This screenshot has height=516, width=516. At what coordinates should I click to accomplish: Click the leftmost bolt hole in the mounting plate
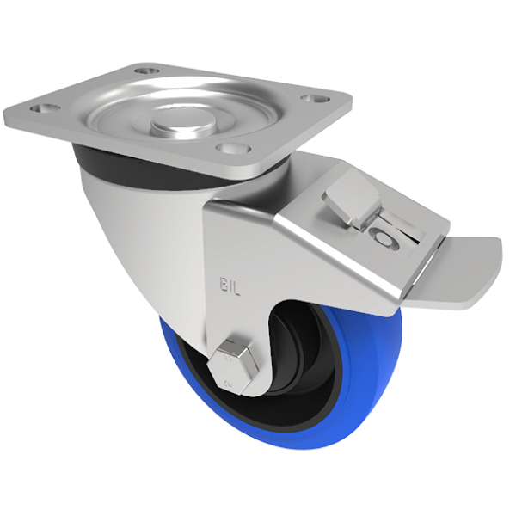40,109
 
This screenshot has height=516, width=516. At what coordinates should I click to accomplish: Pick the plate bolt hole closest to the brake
227,149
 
